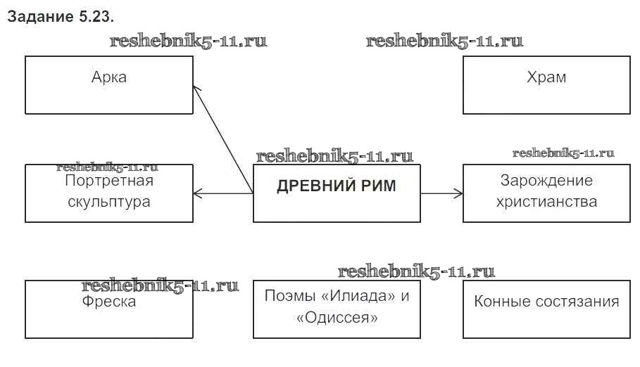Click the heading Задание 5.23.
(60, 17)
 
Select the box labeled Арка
(109, 85)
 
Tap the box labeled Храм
(546, 85)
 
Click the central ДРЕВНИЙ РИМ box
(337, 193)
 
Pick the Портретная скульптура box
(109, 193)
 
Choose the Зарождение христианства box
(546, 193)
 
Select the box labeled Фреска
(109, 309)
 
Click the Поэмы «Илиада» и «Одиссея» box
(337, 309)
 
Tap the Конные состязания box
(546, 309)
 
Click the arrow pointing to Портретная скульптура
(222, 193)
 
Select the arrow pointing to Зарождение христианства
(441, 193)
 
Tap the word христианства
(546, 202)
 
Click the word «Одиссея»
(337, 318)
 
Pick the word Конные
(499, 302)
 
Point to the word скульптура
(109, 202)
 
